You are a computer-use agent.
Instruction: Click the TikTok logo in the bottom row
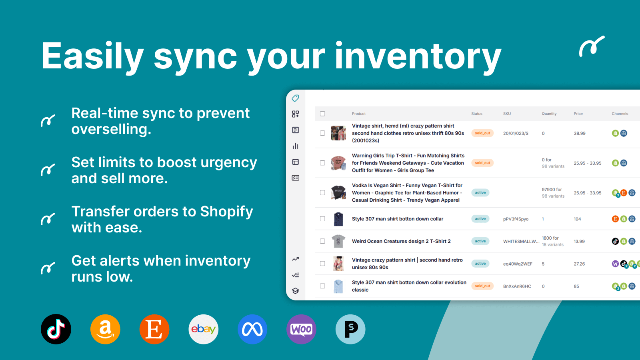tap(56, 329)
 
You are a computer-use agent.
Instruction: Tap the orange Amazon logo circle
tap(105, 329)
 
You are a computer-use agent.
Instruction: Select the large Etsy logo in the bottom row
tap(154, 329)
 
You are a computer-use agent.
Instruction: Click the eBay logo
tap(204, 329)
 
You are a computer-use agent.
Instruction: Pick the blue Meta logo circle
tap(252, 329)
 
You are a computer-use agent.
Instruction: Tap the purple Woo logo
tap(302, 329)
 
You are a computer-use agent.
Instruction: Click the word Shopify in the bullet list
tap(226, 212)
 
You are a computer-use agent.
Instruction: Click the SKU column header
tap(507, 114)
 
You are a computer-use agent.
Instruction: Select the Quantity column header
tap(549, 114)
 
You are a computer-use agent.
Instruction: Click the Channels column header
tap(620, 114)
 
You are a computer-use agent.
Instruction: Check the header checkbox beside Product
tap(322, 114)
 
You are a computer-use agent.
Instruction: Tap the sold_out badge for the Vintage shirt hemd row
tap(482, 133)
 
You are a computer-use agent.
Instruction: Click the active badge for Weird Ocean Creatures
tap(480, 241)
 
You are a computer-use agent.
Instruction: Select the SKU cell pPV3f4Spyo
tap(516, 219)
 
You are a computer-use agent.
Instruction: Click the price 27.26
tap(579, 264)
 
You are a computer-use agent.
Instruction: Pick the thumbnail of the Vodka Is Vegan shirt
tap(338, 192)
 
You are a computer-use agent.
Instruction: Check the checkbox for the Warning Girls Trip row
tap(322, 163)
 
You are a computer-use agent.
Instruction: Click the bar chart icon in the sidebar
tap(296, 146)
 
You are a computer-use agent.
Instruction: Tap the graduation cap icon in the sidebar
tap(296, 291)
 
